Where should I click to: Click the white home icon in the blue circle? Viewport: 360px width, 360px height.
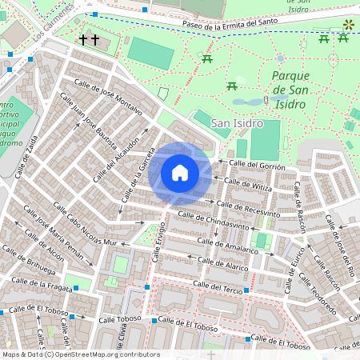180,173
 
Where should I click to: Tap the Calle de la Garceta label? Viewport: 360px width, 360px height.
137,176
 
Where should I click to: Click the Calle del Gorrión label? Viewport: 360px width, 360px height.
257,165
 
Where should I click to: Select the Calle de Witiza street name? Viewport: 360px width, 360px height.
250,185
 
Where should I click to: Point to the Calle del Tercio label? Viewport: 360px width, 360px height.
217,286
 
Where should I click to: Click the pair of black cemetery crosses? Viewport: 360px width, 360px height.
89,39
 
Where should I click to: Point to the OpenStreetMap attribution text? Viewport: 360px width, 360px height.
81,354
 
